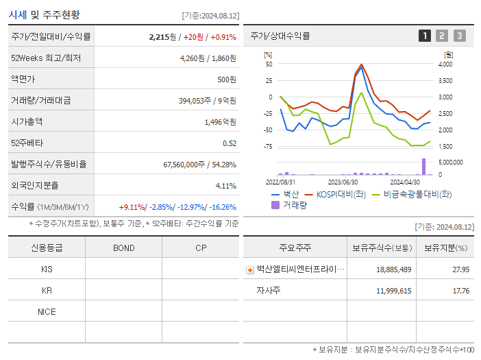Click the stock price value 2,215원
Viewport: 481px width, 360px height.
pyautogui.click(x=162, y=37)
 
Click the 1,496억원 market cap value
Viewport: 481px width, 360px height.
pyautogui.click(x=220, y=122)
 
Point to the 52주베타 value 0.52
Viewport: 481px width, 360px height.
pyautogui.click(x=230, y=143)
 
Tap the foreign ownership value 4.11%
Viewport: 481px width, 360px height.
pyautogui.click(x=225, y=186)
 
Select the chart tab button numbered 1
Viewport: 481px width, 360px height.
pyautogui.click(x=425, y=36)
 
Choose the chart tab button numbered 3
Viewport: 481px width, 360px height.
pyautogui.click(x=459, y=36)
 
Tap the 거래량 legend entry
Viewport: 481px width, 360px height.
pyautogui.click(x=291, y=204)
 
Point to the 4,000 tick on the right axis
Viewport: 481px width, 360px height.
pyautogui.click(x=445, y=64)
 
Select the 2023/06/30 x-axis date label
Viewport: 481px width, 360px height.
pyautogui.click(x=343, y=182)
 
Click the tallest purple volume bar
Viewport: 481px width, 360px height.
pyautogui.click(x=423, y=167)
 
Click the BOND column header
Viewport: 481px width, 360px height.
pyautogui.click(x=123, y=248)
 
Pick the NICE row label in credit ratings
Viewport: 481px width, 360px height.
pyautogui.click(x=47, y=311)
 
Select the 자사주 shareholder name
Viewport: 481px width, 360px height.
pyautogui.click(x=269, y=290)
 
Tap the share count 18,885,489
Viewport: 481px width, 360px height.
pyautogui.click(x=393, y=269)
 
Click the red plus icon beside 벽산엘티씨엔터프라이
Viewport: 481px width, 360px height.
pyautogui.click(x=250, y=269)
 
